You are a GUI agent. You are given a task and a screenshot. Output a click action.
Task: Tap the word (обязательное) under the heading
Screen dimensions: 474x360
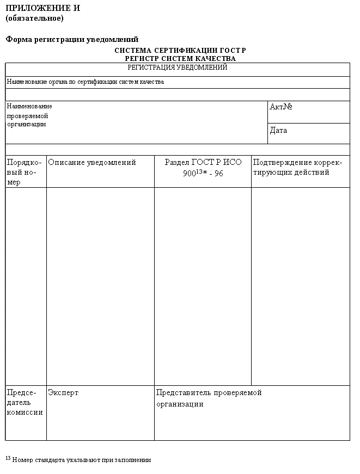pos(34,18)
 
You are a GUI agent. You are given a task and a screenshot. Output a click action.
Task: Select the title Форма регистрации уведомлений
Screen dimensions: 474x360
pos(72,39)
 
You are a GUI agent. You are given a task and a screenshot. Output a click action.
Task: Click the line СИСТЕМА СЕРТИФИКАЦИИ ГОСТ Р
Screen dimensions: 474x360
pos(180,50)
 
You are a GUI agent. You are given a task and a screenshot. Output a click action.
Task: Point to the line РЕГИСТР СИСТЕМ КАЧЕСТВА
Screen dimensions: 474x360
pos(180,58)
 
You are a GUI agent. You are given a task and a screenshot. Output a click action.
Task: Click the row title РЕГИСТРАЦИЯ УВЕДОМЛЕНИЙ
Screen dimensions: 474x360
pos(177,67)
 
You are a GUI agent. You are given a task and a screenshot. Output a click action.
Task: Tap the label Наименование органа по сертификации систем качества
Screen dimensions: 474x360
pos(86,82)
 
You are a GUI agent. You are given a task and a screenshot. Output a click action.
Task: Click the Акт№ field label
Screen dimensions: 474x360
pos(281,107)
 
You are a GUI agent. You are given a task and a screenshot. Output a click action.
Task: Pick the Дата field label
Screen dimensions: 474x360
pos(278,131)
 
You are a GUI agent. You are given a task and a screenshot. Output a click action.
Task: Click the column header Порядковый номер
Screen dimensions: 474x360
pos(25,172)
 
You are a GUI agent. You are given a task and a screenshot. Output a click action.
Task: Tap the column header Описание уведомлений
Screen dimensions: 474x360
pos(92,162)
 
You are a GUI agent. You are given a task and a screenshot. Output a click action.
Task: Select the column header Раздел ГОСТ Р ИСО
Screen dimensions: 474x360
pos(203,162)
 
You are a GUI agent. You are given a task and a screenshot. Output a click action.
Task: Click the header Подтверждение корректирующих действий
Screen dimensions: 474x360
pos(297,167)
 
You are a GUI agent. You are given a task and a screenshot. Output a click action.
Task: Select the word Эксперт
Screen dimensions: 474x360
pos(63,392)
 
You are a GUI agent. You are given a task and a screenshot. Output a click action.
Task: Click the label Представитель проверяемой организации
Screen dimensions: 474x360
pos(209,398)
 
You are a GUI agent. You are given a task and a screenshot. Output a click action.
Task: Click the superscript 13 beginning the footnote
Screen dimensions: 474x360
pos(8,458)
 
